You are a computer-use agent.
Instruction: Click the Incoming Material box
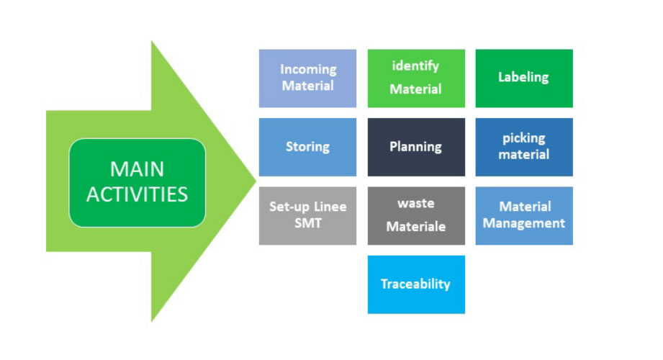[x=307, y=78]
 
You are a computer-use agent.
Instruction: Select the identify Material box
[x=416, y=78]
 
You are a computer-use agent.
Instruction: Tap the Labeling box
[x=524, y=78]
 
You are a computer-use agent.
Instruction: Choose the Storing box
[x=307, y=147]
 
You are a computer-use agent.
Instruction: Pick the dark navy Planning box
[x=416, y=147]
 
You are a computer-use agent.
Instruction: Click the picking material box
[x=524, y=147]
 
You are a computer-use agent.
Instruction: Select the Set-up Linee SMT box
[x=307, y=216]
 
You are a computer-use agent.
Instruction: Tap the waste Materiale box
[x=416, y=216]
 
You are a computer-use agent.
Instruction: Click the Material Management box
[x=524, y=216]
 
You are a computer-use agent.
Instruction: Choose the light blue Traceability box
[x=416, y=284]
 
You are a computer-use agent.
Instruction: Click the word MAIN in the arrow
[x=137, y=169]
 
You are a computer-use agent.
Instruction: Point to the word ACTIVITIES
[x=137, y=194]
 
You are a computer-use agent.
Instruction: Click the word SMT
[x=308, y=223]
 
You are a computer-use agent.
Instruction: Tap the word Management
[x=524, y=223]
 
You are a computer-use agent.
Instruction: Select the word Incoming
[x=308, y=70]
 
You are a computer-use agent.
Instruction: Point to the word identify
[x=415, y=66]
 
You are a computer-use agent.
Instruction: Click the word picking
[x=524, y=138]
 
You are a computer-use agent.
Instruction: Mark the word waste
[x=416, y=204]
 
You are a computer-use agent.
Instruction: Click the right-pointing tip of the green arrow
[x=256, y=181]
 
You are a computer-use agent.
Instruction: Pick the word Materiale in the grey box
[x=416, y=226]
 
